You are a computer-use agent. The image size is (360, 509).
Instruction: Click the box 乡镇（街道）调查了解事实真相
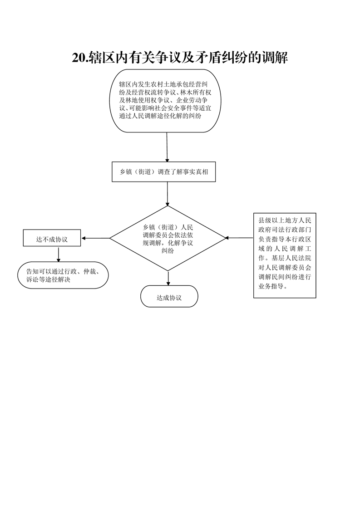click(164, 172)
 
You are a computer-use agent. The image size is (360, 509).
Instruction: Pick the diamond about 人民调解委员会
click(168, 238)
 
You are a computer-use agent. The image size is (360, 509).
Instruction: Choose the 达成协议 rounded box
click(169, 296)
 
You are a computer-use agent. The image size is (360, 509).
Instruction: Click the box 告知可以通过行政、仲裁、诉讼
click(63, 275)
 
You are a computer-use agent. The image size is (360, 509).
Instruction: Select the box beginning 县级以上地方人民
click(285, 255)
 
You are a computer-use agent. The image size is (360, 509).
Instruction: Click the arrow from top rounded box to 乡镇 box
click(167, 147)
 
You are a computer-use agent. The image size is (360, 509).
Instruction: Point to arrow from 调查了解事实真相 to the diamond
click(168, 194)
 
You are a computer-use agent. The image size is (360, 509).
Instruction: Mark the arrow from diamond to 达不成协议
click(95, 238)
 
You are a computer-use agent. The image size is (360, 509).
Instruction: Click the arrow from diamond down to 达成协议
click(168, 278)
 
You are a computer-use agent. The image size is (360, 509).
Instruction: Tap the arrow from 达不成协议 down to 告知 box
click(59, 254)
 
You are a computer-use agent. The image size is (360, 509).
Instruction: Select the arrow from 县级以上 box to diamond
click(239, 238)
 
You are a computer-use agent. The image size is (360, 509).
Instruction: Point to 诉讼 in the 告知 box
click(33, 279)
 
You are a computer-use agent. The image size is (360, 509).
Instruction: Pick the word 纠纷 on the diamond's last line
click(168, 251)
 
